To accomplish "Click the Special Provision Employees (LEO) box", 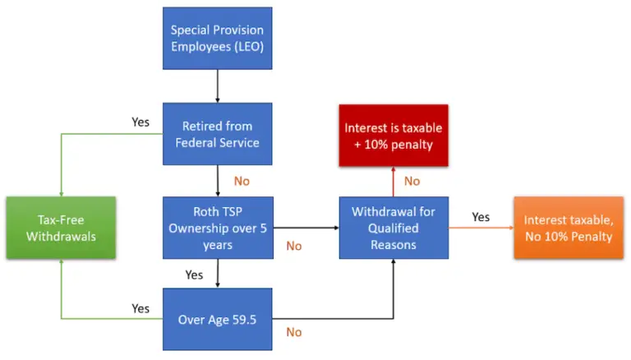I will tap(217, 39).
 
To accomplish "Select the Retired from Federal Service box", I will tap(217, 134).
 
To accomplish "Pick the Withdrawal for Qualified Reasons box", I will tap(393, 227).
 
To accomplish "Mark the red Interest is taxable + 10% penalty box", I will tap(393, 135).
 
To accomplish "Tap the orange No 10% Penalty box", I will tap(568, 227).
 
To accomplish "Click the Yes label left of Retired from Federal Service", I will tap(140, 122).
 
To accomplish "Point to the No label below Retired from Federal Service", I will tap(242, 181).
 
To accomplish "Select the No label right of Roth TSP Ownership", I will tap(293, 245).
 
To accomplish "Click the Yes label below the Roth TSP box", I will tap(195, 274).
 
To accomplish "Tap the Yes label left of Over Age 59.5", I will tap(140, 308).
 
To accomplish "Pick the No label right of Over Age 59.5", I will tap(293, 332).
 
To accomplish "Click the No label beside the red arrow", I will tap(412, 181).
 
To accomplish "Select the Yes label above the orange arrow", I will tap(481, 217).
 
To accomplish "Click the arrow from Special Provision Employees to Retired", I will tap(217, 86).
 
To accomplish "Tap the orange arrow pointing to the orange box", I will tap(481, 228).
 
